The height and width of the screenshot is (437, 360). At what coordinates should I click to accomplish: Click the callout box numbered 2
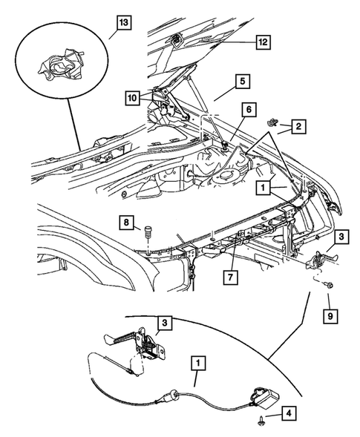tap(297, 128)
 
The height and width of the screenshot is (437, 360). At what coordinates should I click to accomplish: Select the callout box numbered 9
tap(328, 316)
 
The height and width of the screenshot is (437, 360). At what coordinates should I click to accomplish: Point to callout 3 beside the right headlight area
tap(338, 236)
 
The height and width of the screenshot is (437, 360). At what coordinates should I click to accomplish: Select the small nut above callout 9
tap(328, 285)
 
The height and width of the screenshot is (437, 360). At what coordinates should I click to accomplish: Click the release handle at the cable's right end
tap(265, 395)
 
